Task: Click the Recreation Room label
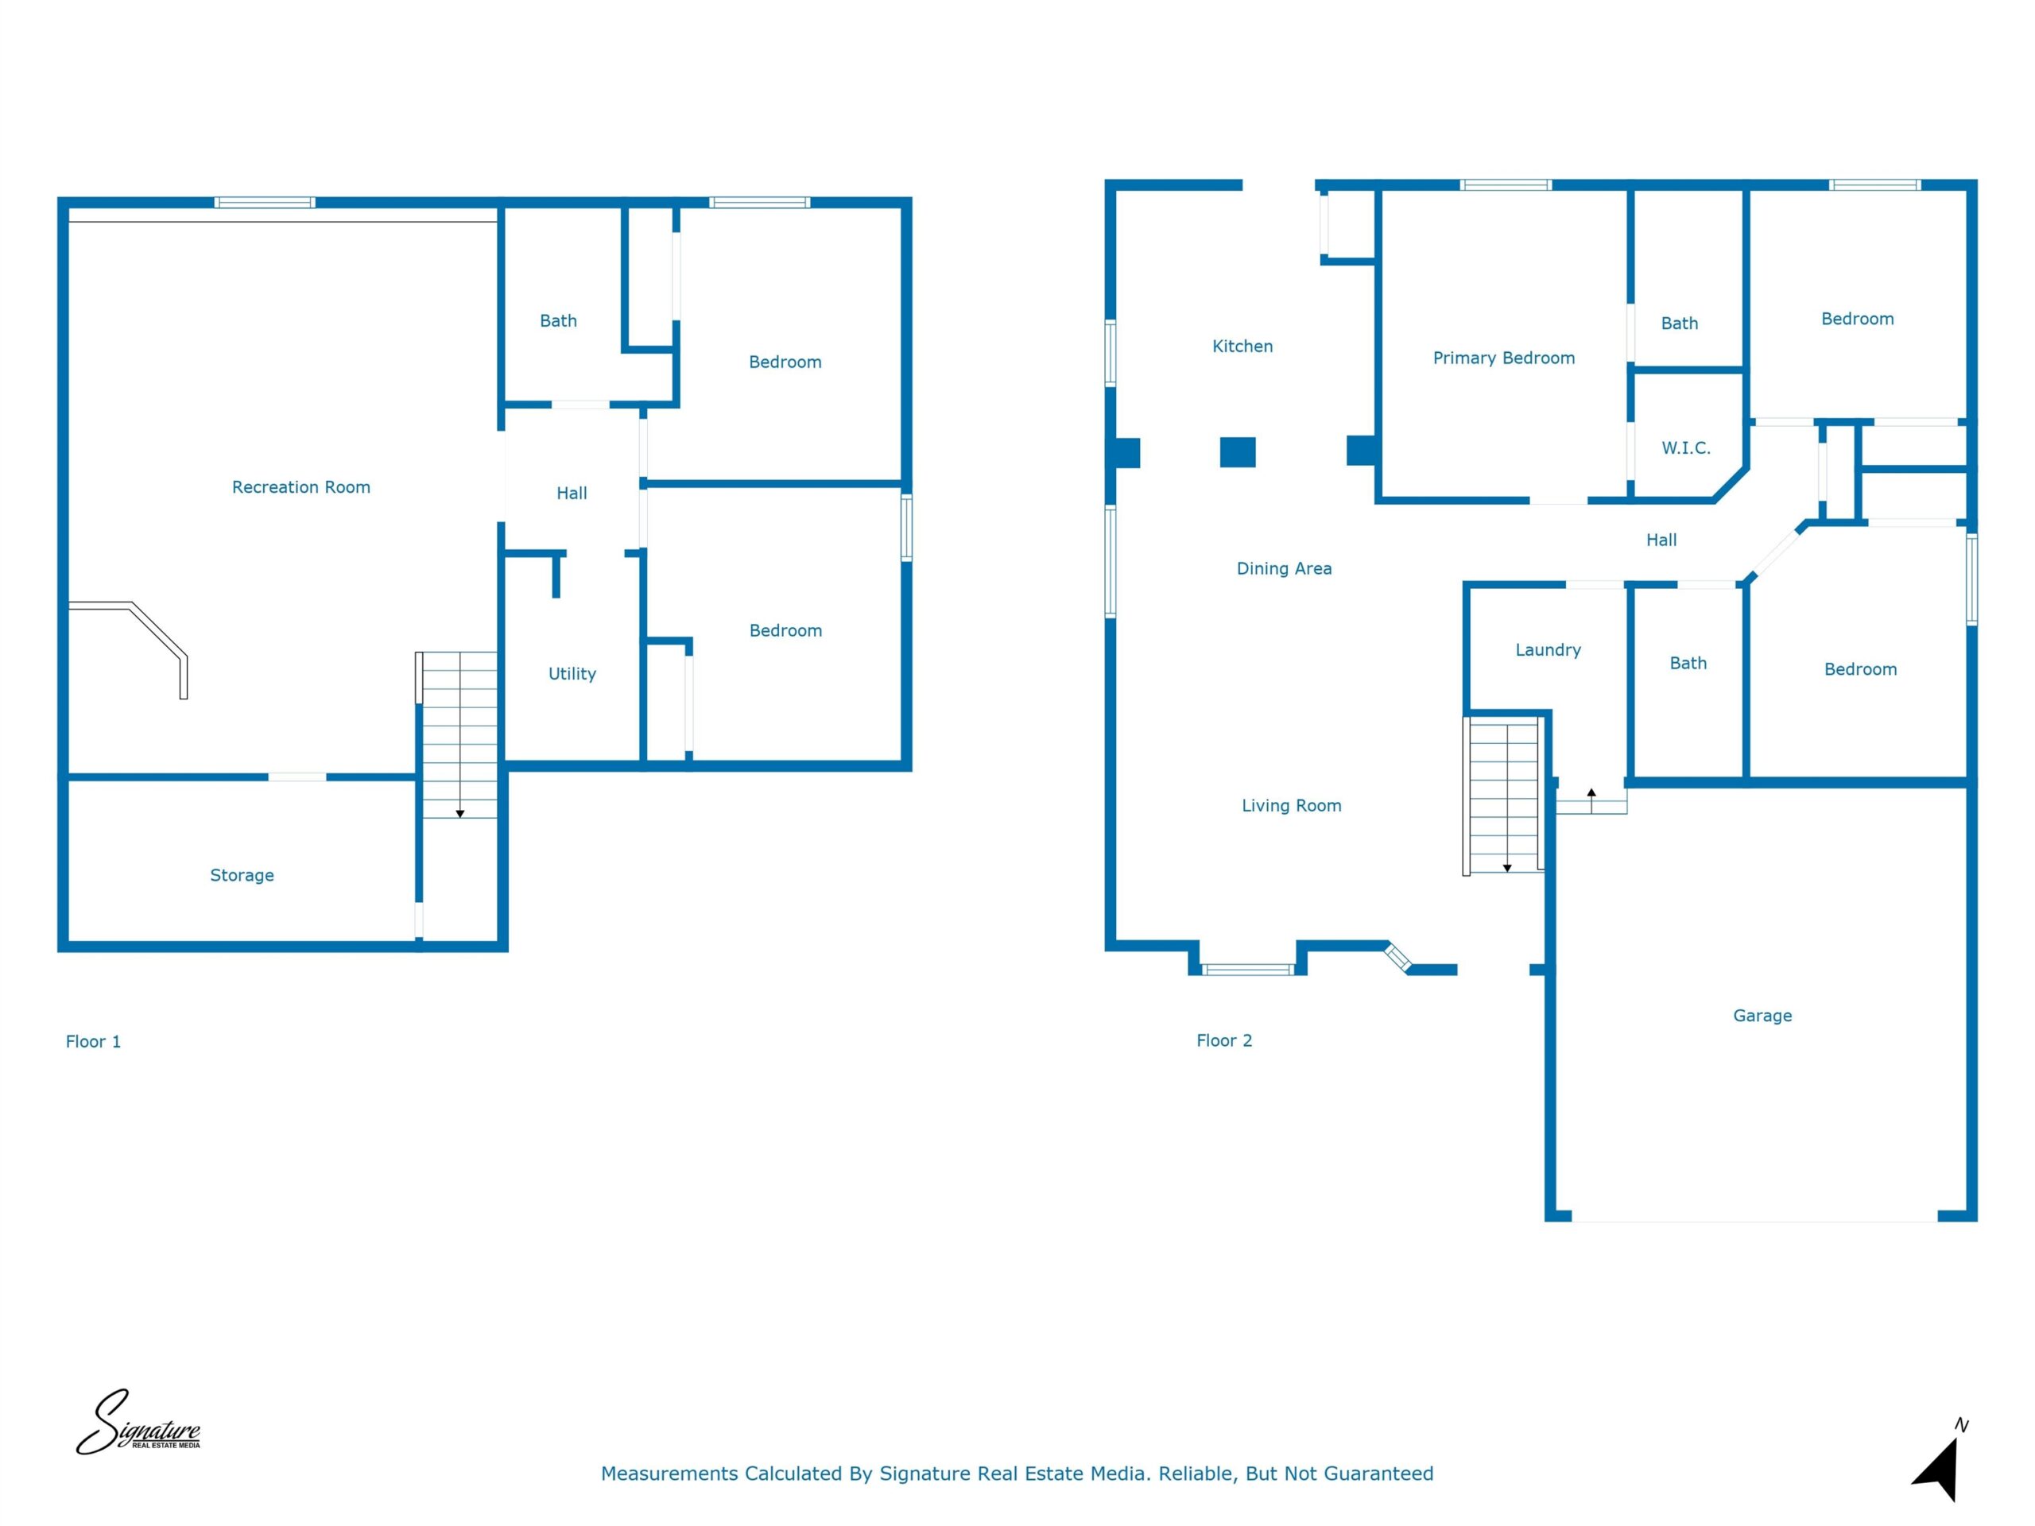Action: click(300, 487)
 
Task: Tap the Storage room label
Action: click(242, 876)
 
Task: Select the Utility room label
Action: click(572, 674)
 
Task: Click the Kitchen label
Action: click(1242, 347)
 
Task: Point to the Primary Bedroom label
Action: click(1503, 358)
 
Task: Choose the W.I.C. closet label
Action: click(1685, 449)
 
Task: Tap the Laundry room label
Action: click(1549, 650)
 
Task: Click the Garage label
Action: click(1762, 1017)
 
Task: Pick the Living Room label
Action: click(1291, 807)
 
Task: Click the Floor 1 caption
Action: click(93, 1042)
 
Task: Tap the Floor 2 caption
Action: click(1223, 1041)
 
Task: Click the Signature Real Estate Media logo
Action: click(138, 1423)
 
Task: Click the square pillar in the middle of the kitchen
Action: click(1238, 452)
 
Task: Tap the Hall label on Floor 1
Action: click(572, 494)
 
